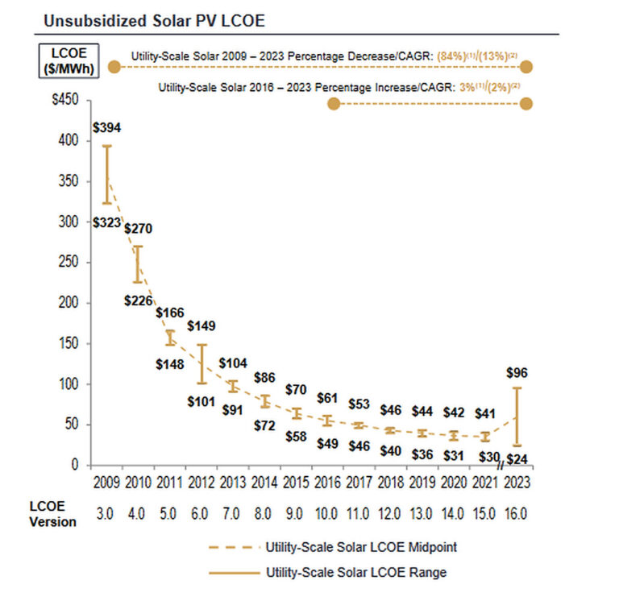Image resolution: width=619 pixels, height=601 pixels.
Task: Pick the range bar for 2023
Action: (x=516, y=417)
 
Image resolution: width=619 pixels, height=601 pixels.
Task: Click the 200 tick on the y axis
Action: (x=75, y=303)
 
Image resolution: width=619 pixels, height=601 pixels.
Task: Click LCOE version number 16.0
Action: (x=516, y=512)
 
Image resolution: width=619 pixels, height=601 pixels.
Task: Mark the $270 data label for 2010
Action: (x=138, y=228)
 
